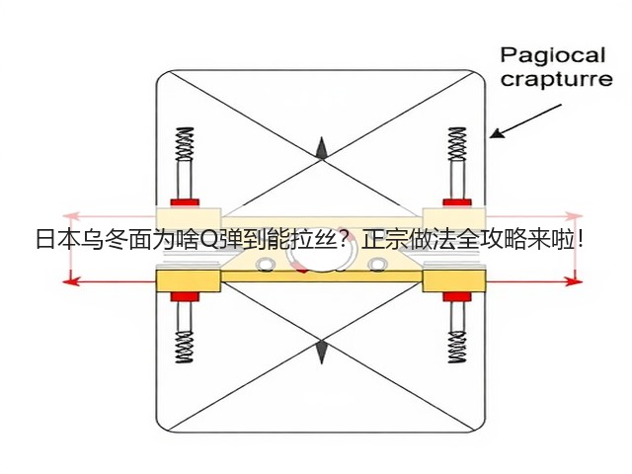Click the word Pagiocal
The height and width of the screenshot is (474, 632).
coord(553,56)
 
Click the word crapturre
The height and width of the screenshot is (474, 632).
coord(556,79)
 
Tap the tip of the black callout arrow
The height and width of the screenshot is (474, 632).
coord(491,137)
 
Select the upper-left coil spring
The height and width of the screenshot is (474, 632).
coord(185,143)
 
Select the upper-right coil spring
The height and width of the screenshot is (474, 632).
coord(457,144)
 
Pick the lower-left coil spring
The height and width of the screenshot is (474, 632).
coord(185,347)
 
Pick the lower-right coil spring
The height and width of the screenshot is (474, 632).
coord(457,347)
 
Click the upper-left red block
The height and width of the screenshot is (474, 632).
coord(185,202)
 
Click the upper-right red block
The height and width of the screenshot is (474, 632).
coord(457,202)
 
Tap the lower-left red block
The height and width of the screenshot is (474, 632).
coord(185,297)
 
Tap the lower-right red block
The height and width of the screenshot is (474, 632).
coord(457,297)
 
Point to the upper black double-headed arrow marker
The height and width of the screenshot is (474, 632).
coord(321,148)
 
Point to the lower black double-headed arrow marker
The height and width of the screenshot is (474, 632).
coord(321,352)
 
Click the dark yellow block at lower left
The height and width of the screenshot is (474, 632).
coord(189,280)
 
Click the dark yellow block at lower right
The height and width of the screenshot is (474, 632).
coord(454,280)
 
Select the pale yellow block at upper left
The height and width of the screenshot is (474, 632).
coord(189,219)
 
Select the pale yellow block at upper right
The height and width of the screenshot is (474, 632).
coord(454,219)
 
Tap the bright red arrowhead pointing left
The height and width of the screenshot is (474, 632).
coord(69,280)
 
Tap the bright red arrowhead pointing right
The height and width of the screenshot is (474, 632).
coord(575,280)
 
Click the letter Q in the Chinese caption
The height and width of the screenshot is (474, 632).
coord(208,240)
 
